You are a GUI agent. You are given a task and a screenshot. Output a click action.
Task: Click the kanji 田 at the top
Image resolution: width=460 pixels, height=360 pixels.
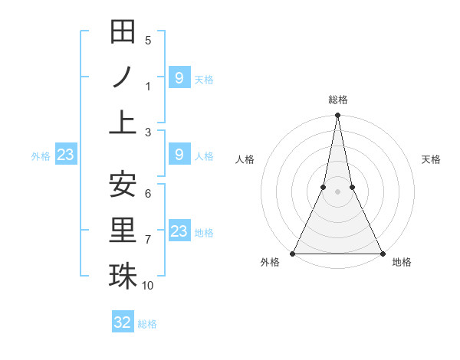pyautogui.click(x=123, y=32)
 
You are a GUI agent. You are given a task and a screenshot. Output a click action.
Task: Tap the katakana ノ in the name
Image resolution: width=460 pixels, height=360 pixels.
pyautogui.click(x=123, y=77)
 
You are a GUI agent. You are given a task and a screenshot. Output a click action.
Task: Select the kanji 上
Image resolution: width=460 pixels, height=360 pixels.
pyautogui.click(x=123, y=120)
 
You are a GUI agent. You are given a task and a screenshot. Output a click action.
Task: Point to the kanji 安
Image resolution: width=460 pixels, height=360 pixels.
pyautogui.click(x=123, y=185)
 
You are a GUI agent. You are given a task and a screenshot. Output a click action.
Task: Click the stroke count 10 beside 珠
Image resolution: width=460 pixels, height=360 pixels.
pyautogui.click(x=148, y=286)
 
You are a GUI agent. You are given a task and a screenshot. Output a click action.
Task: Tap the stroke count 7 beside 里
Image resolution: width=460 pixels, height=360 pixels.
pyautogui.click(x=148, y=240)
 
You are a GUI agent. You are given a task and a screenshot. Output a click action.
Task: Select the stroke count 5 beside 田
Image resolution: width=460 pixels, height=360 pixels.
pyautogui.click(x=148, y=41)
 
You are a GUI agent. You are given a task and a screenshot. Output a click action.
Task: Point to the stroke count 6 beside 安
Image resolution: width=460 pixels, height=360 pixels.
pyautogui.click(x=148, y=194)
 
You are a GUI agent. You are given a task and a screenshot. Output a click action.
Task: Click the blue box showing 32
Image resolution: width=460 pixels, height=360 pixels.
pyautogui.click(x=123, y=322)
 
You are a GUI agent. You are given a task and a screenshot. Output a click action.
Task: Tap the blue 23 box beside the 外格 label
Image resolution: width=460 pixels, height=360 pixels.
pyautogui.click(x=65, y=155)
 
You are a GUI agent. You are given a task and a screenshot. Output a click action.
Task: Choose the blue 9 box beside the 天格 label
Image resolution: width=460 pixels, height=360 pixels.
pyautogui.click(x=179, y=77)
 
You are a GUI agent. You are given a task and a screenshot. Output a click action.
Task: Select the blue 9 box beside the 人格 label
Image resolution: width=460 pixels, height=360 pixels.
pyautogui.click(x=179, y=155)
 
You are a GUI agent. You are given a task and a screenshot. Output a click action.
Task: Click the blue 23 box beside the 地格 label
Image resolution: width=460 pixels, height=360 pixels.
pyautogui.click(x=179, y=231)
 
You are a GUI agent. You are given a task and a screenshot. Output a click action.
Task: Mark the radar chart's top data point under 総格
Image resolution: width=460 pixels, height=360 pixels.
pyautogui.click(x=337, y=116)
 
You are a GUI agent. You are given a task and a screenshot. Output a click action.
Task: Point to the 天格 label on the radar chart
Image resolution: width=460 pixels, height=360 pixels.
pyautogui.click(x=431, y=159)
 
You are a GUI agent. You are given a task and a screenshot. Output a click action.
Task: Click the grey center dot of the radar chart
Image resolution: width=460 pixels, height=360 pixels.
pyautogui.click(x=337, y=192)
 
